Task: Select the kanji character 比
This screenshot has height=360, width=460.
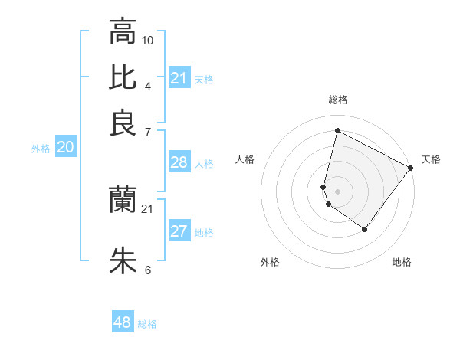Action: (x=123, y=77)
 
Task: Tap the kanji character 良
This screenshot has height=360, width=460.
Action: (x=123, y=123)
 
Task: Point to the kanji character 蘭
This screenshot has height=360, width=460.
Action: (x=123, y=200)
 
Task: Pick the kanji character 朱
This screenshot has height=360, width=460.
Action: (x=123, y=260)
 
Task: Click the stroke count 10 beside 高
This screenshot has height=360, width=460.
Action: (x=148, y=40)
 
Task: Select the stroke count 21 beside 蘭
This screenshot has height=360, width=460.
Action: (x=148, y=208)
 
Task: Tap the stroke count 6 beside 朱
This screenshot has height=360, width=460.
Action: (x=148, y=270)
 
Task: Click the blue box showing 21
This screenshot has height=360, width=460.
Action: (x=179, y=78)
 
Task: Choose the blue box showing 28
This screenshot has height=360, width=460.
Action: (x=179, y=162)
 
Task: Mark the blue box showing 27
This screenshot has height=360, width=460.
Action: (x=179, y=231)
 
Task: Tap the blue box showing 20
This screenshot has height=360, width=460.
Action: (x=65, y=148)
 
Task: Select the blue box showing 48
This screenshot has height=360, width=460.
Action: (x=123, y=322)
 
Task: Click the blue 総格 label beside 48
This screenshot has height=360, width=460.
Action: (x=147, y=324)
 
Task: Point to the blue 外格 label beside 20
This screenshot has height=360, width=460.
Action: (x=41, y=149)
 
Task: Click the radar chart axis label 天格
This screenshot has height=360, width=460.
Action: (x=431, y=159)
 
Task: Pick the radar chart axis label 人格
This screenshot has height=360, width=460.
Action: (x=245, y=159)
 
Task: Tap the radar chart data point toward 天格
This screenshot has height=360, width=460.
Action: (x=411, y=168)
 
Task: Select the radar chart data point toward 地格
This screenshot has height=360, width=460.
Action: (x=364, y=229)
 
